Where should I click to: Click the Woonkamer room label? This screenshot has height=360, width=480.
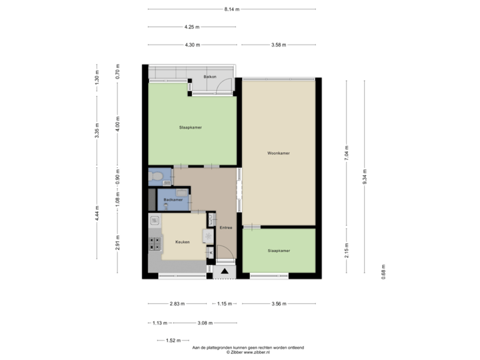coord(278,153)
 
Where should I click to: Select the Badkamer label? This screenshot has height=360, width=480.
coord(174,199)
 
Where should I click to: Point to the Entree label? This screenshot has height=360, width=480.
coord(225,228)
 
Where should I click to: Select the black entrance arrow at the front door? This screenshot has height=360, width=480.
coord(224,271)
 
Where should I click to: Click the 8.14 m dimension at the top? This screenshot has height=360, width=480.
coord(231,9)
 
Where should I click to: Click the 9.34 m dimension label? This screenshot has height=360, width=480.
coord(364,177)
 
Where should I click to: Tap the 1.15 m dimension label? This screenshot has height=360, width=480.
coord(225,304)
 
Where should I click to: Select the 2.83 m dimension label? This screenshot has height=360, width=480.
coord(177,304)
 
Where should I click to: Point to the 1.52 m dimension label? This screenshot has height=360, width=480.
coord(173,340)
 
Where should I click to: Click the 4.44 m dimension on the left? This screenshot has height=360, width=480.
coord(97,213)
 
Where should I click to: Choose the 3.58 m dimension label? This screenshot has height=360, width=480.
coord(278,45)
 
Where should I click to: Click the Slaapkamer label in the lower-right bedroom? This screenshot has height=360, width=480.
coord(278,251)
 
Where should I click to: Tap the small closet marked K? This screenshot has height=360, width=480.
coord(211,253)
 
